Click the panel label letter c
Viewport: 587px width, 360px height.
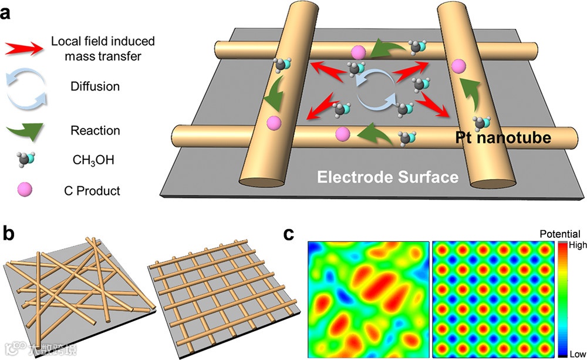click(x=289, y=234)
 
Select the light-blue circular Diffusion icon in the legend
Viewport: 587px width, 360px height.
click(x=23, y=86)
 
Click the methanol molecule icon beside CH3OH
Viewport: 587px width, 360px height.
click(x=25, y=159)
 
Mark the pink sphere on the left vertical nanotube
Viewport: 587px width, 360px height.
click(x=272, y=123)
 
